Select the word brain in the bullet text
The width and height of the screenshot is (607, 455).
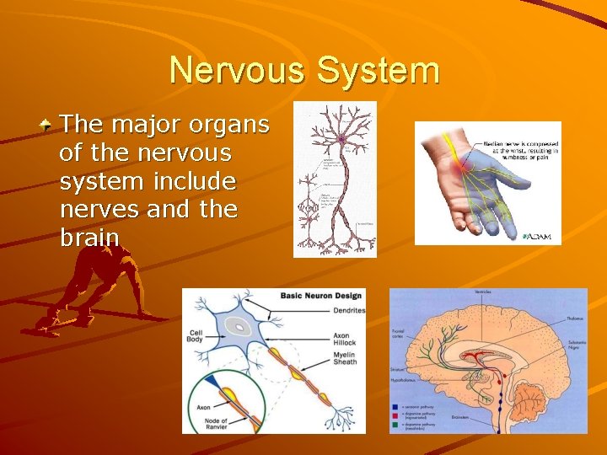tap(89, 238)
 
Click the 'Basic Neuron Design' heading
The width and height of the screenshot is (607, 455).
tap(321, 296)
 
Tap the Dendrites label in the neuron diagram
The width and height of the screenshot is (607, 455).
tap(348, 310)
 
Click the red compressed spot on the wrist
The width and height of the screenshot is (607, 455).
tap(460, 170)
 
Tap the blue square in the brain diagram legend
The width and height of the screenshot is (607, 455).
tap(395, 407)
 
